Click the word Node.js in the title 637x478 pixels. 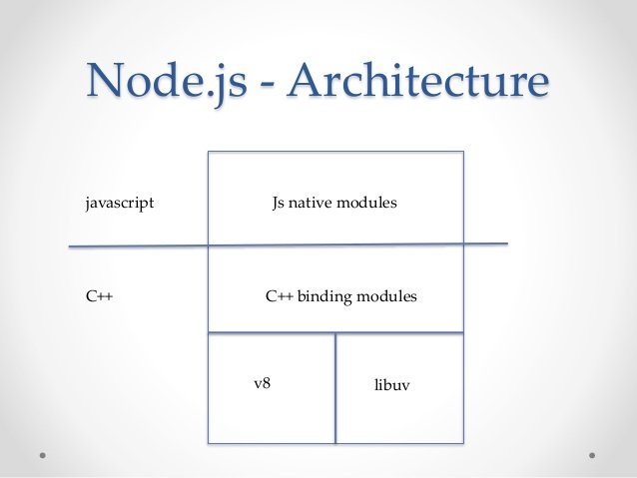(x=167, y=82)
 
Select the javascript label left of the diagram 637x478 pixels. (x=120, y=203)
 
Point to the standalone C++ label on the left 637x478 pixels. (x=99, y=296)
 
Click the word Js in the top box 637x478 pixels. (x=279, y=203)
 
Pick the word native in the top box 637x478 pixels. (x=311, y=203)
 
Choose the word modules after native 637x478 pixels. (x=366, y=203)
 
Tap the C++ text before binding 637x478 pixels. (x=280, y=296)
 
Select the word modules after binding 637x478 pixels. (x=386, y=296)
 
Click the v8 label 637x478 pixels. (x=262, y=383)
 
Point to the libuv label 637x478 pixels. (x=391, y=384)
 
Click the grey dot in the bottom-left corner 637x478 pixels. (x=43, y=456)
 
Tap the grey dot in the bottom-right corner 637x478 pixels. (x=592, y=456)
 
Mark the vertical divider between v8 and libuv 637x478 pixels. (x=335, y=388)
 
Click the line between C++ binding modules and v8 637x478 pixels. (x=335, y=333)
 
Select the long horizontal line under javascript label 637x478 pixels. (x=288, y=244)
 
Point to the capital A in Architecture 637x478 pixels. (x=308, y=80)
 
